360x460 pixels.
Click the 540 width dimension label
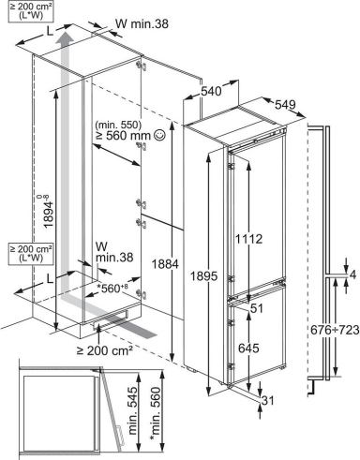coord(211,91)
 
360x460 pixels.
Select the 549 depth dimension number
coord(285,104)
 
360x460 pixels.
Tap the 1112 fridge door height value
coord(248,239)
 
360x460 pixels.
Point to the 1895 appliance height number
coord(203,275)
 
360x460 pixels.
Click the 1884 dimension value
coord(165,264)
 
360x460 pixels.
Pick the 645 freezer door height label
coord(248,348)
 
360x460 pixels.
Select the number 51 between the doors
coord(257,308)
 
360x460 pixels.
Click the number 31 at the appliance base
coord(267,400)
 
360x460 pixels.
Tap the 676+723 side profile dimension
coord(335,330)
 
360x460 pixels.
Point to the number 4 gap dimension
coord(352,275)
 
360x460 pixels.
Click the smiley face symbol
coord(159,135)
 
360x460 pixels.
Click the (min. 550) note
coord(118,125)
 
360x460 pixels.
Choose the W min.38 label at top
coord(142,23)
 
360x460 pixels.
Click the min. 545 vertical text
coord(133,410)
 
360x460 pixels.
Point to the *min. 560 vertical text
coord(156,414)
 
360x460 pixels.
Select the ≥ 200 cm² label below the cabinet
coord(105,350)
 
